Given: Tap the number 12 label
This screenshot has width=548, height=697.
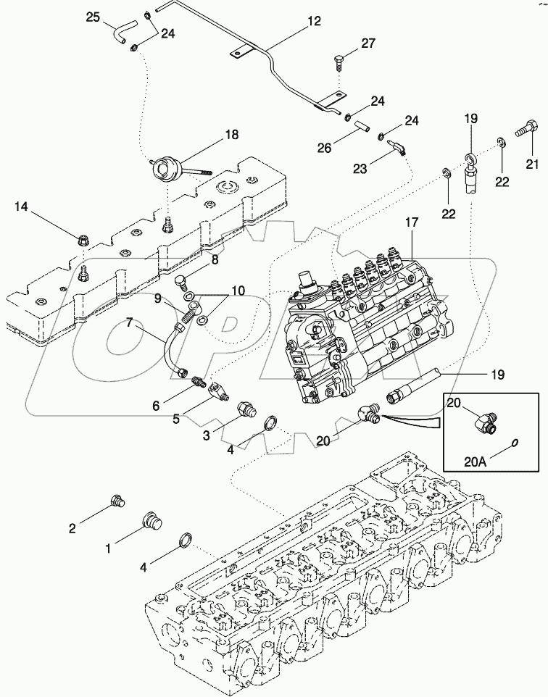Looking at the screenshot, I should (x=313, y=22).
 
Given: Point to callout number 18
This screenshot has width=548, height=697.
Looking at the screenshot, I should (x=231, y=135).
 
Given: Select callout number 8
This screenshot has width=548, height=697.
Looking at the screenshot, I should (x=215, y=257).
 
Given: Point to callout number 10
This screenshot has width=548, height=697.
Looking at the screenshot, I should (x=238, y=291).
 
